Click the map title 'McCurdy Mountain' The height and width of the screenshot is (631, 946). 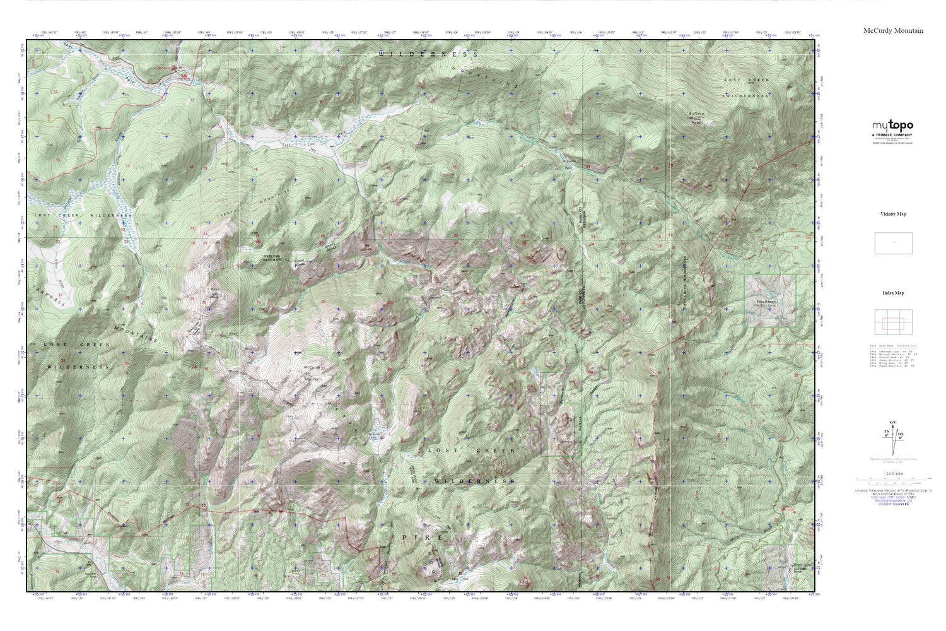(893, 30)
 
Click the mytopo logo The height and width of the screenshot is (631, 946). (892, 126)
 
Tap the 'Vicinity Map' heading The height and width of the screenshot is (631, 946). (893, 214)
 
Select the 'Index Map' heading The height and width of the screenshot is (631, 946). (893, 293)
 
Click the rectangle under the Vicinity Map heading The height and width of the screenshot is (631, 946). (893, 243)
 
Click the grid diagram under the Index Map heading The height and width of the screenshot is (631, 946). (893, 322)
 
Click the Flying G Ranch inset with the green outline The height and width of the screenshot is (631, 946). (769, 301)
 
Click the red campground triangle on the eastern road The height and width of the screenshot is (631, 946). (784, 508)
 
